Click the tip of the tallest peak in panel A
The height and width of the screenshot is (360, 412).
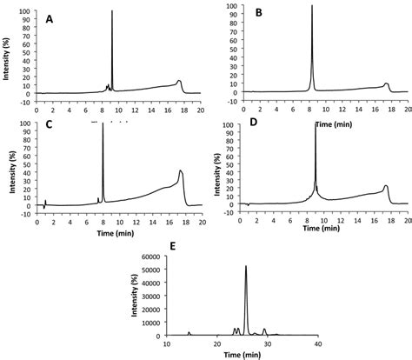112,11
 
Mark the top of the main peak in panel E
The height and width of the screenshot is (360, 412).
247,266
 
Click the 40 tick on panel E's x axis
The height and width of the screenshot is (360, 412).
318,343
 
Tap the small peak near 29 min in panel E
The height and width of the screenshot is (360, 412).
265,330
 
